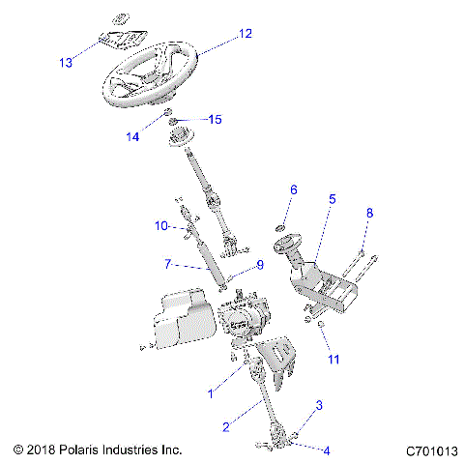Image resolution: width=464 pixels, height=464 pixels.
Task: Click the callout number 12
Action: [x=245, y=34]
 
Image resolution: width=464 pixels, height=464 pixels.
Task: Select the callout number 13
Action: [x=66, y=64]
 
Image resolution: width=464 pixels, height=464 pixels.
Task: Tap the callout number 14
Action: [x=132, y=137]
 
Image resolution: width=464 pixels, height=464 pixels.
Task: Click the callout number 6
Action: [x=294, y=189]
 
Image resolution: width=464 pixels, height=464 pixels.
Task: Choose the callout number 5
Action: [x=332, y=199]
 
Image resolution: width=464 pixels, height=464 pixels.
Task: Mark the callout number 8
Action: [x=367, y=213]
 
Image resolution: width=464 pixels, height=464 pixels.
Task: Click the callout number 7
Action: [x=168, y=263]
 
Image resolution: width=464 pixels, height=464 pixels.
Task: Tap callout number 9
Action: [x=259, y=266]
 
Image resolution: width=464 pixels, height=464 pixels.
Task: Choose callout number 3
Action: [x=320, y=406]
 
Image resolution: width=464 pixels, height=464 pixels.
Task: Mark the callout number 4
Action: [x=327, y=450]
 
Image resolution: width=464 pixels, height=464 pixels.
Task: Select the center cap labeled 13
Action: [x=119, y=42]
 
